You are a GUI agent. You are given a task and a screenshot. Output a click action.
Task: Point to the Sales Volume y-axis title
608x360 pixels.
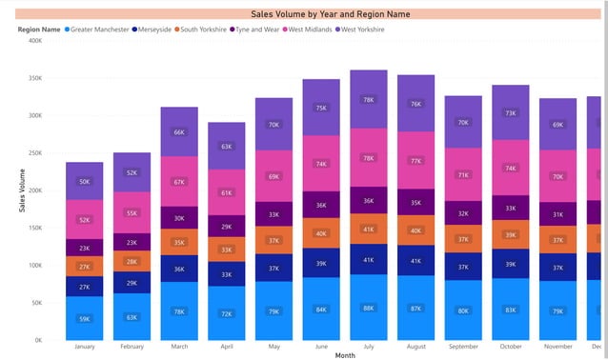pos(23,190)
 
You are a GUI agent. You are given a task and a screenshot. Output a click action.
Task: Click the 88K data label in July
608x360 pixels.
pos(368,307)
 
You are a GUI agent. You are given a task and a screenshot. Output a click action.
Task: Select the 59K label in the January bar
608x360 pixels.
pos(84,318)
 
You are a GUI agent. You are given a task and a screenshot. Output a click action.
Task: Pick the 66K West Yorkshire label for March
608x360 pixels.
pos(178,132)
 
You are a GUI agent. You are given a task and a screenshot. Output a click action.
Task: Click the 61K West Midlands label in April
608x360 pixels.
pos(226,193)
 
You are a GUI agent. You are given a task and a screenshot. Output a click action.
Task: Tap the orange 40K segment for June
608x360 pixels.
pos(320,233)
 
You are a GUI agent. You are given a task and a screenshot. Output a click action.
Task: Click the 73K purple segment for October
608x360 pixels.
pos(510,112)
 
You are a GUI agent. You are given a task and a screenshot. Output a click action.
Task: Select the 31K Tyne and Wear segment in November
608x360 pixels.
pos(557,214)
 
